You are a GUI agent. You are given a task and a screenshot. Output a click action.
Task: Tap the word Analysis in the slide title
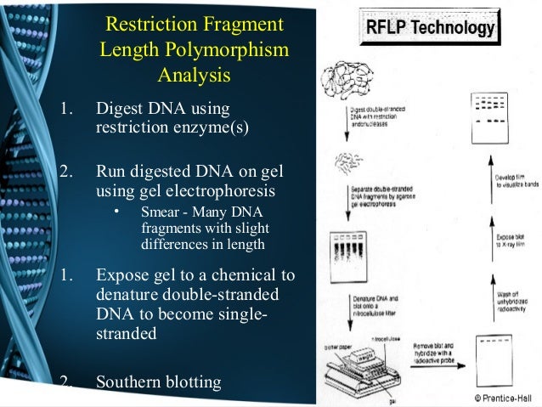tap(194, 75)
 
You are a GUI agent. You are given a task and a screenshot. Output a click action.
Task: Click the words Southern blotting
tap(159, 382)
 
